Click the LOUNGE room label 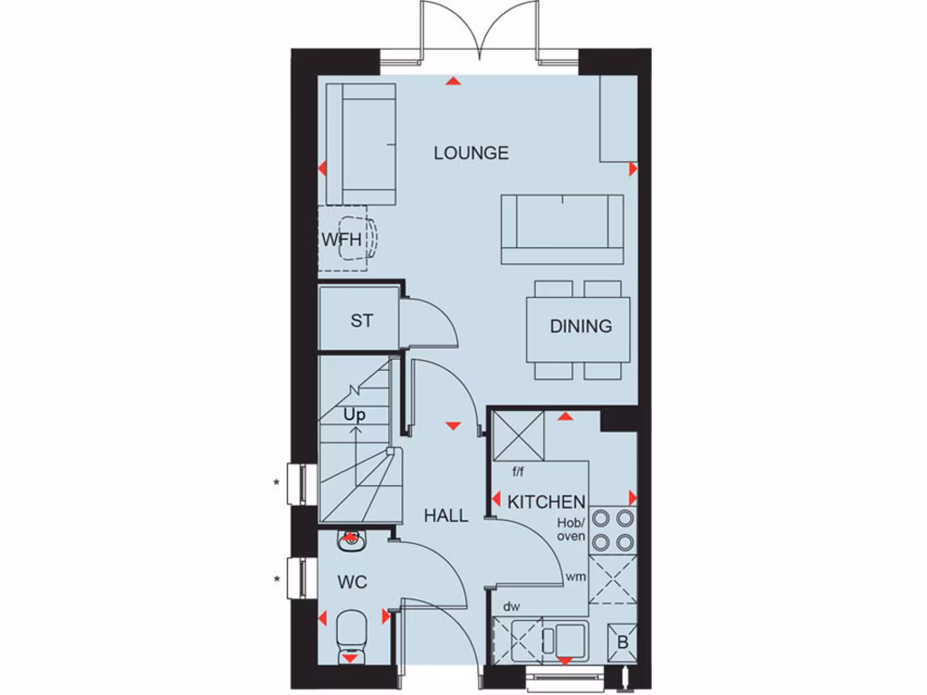pyautogui.click(x=471, y=153)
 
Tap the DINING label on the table pyautogui.click(x=580, y=327)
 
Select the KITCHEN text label pyautogui.click(x=546, y=501)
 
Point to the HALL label pyautogui.click(x=446, y=516)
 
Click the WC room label pyautogui.click(x=352, y=582)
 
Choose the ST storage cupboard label pyautogui.click(x=361, y=320)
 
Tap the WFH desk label pyautogui.click(x=341, y=240)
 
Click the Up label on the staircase pyautogui.click(x=354, y=414)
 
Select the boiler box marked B pyautogui.click(x=622, y=642)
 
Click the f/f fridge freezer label pyautogui.click(x=519, y=471)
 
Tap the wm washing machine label pyautogui.click(x=575, y=576)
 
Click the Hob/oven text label pyautogui.click(x=571, y=530)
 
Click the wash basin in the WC pyautogui.click(x=349, y=541)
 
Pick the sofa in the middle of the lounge pyautogui.click(x=561, y=228)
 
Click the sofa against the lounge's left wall pyautogui.click(x=360, y=144)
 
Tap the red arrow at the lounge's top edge pyautogui.click(x=453, y=81)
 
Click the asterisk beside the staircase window pyautogui.click(x=276, y=483)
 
